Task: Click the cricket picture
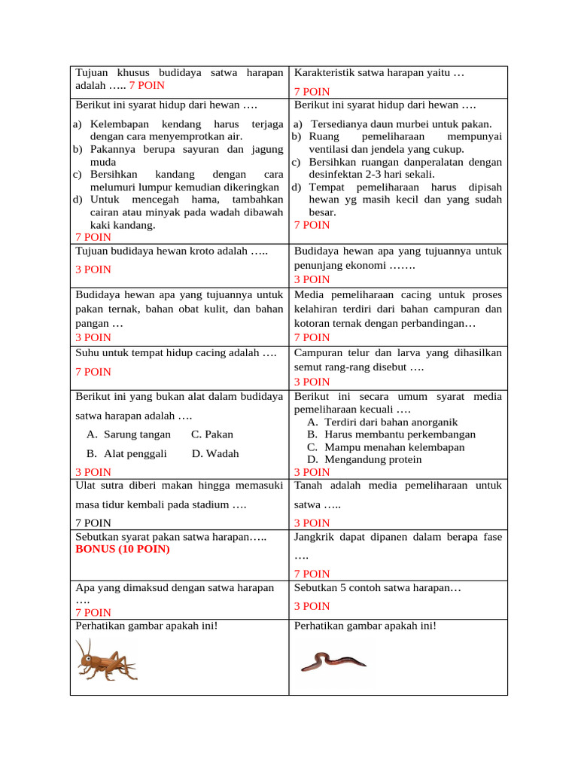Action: [x=105, y=660]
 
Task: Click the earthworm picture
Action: [x=333, y=661]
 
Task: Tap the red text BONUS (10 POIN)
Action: [x=123, y=549]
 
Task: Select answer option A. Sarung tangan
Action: [x=128, y=434]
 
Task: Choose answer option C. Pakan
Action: [x=212, y=434]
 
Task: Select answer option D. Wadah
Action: [x=215, y=453]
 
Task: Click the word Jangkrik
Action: [x=316, y=537]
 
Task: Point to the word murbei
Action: [x=410, y=124]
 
